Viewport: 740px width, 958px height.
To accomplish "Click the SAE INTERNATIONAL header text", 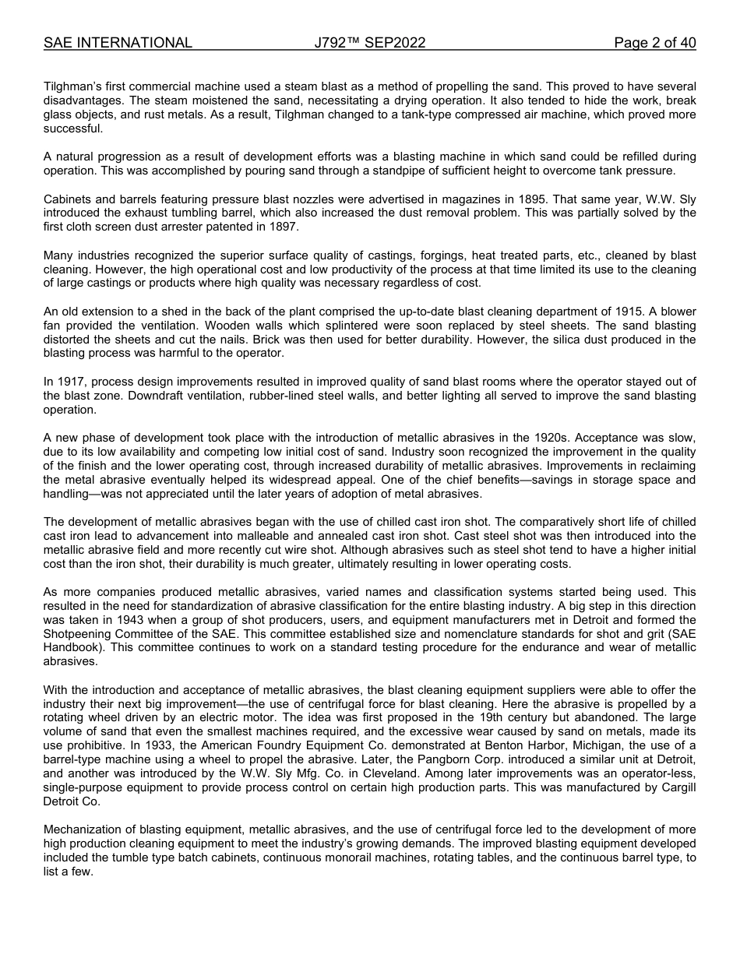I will (118, 43).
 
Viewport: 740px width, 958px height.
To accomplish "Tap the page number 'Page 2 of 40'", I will (654, 43).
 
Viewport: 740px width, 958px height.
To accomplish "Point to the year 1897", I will (283, 227).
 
